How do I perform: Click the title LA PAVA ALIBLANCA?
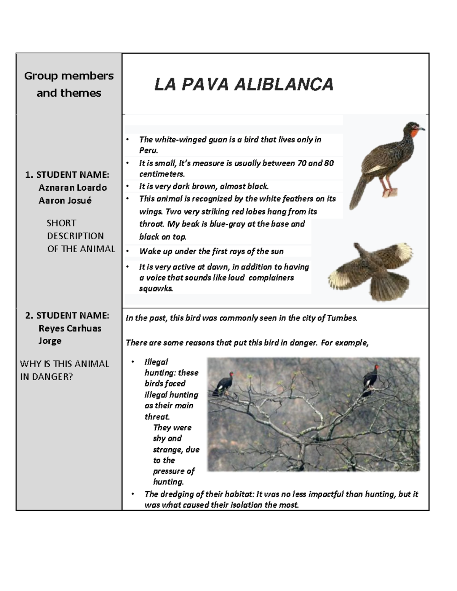click(244, 84)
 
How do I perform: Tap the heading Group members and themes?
click(69, 84)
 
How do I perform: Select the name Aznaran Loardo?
click(72, 188)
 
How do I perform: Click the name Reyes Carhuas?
click(70, 328)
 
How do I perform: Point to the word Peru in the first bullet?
click(148, 150)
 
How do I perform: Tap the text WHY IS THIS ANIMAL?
click(64, 364)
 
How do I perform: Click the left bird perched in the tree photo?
click(225, 384)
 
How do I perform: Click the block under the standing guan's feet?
click(390, 193)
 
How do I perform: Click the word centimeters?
click(161, 174)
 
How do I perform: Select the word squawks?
click(156, 288)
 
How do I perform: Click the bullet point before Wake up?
click(128, 251)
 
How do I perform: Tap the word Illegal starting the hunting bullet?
click(156, 362)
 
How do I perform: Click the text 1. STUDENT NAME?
click(67, 175)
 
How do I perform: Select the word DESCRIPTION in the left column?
click(75, 236)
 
